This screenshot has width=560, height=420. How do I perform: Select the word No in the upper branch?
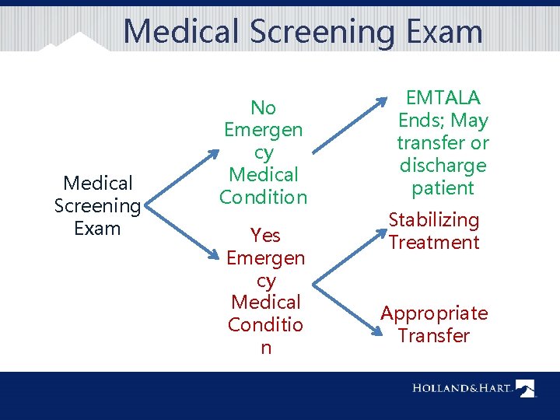tap(264, 107)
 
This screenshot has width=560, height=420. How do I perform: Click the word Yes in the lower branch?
tap(265, 235)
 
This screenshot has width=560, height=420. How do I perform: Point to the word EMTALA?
tap(443, 98)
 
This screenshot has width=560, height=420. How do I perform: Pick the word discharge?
tap(443, 166)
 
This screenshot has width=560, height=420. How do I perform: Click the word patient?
tap(443, 188)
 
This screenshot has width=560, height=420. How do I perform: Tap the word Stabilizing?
tap(434, 220)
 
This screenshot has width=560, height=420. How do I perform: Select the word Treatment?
tap(434, 243)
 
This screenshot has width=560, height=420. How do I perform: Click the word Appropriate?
tap(434, 313)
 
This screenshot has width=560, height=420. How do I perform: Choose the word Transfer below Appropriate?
tap(434, 336)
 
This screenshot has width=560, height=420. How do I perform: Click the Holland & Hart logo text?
tap(462, 388)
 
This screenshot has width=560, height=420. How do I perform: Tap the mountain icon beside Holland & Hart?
tap(527, 388)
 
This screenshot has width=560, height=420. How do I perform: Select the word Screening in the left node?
tap(98, 206)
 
